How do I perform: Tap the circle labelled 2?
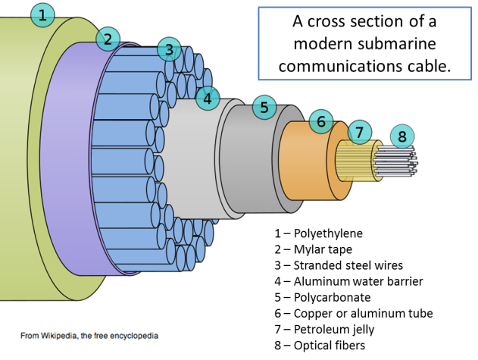point(108,39)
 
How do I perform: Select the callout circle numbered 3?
point(170,51)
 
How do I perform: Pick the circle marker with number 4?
point(207,98)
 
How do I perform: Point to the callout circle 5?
point(264,108)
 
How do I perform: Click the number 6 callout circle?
point(321,121)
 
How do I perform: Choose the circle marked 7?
point(361,131)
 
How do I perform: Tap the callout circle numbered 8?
point(402,137)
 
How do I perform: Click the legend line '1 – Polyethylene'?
point(318,233)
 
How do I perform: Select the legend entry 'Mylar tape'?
point(313,249)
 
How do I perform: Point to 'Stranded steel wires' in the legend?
point(338,265)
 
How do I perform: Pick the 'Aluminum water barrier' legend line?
point(348,281)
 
